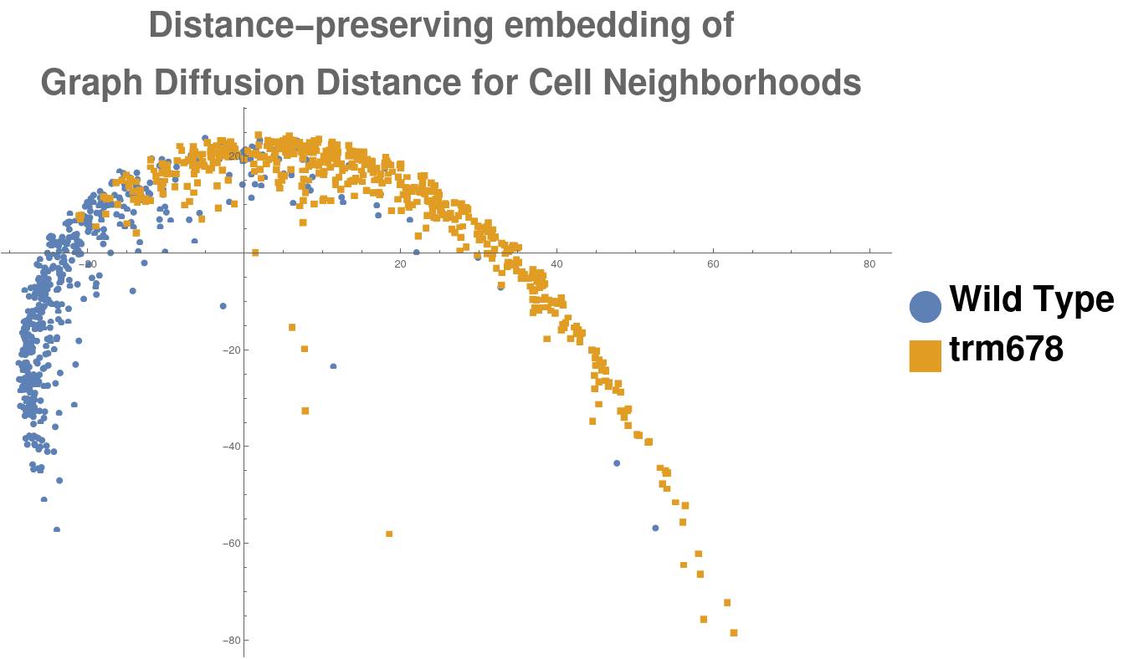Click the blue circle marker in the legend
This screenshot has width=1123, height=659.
coord(925,306)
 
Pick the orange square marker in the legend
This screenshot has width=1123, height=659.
coord(925,355)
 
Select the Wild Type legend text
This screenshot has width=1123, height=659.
coord(1031,299)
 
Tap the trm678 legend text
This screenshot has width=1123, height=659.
coord(1006,350)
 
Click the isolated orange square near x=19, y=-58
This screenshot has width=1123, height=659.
coord(389,534)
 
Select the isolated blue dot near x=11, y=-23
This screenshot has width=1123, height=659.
coord(333,366)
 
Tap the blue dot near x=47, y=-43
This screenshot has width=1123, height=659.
coord(617,462)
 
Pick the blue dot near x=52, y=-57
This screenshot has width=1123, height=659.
coord(655,528)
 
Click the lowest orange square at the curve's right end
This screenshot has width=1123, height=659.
coord(734,632)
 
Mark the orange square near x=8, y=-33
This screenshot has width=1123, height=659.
coord(305,411)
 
